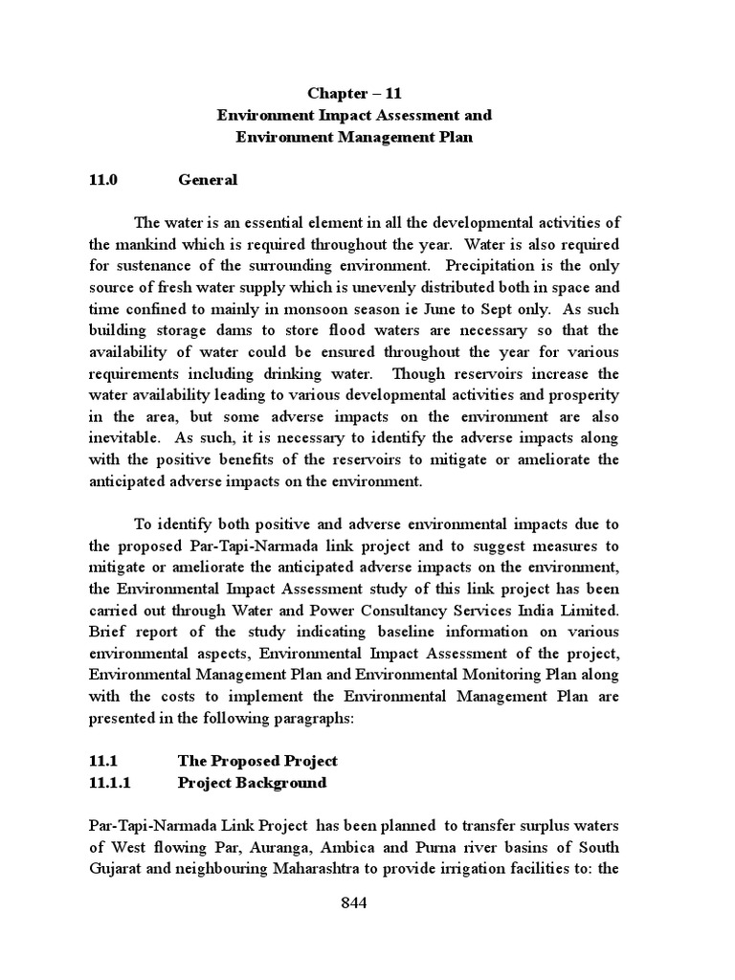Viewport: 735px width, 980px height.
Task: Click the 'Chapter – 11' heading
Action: coord(354,93)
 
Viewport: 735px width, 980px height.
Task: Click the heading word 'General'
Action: coord(208,179)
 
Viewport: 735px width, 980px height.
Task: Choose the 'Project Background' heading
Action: coord(252,783)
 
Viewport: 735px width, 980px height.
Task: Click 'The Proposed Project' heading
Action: coord(257,761)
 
